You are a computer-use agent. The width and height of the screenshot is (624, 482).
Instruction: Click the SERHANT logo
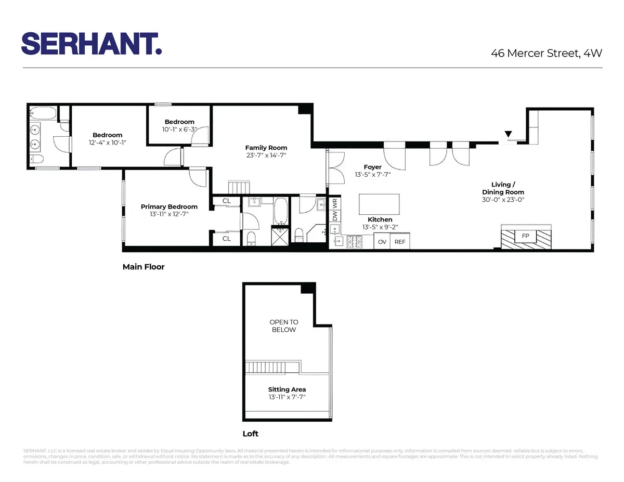(x=92, y=44)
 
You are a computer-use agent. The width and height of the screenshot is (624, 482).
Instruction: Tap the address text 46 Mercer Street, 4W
(x=547, y=53)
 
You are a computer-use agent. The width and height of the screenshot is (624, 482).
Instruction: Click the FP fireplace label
(x=525, y=236)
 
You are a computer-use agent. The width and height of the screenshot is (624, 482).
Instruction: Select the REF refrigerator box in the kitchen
(x=399, y=242)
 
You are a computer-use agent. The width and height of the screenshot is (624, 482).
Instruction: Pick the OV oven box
(x=382, y=242)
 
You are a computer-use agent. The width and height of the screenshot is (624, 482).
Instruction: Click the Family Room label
(x=266, y=148)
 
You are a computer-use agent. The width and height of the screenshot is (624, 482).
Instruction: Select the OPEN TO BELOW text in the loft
(x=283, y=326)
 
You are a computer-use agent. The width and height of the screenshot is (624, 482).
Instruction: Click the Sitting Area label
(x=287, y=389)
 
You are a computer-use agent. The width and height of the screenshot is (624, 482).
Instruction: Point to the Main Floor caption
(x=144, y=267)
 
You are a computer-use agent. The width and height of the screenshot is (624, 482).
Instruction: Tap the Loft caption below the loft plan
(x=251, y=434)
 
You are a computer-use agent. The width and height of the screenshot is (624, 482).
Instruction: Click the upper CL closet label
(x=227, y=201)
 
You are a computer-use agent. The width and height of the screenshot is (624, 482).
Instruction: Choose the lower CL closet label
(x=227, y=239)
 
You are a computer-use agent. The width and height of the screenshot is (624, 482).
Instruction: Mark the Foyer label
(x=373, y=167)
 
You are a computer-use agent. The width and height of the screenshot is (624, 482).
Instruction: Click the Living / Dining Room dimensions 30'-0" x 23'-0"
(x=503, y=199)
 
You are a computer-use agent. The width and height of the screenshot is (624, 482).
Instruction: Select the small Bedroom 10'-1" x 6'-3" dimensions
(x=179, y=129)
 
